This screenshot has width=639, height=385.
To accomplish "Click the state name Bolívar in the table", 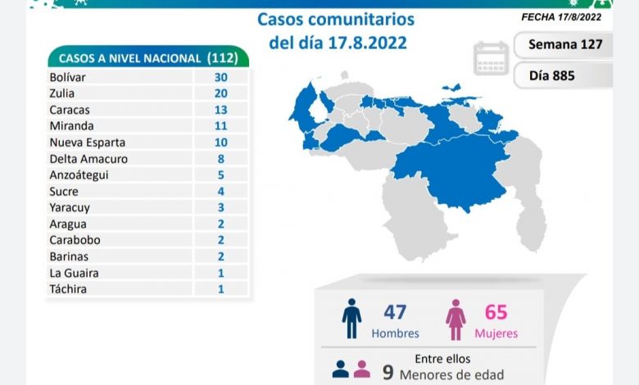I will [68, 77].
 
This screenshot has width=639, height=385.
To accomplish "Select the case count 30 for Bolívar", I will [220, 77].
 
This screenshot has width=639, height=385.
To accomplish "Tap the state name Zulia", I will [62, 93].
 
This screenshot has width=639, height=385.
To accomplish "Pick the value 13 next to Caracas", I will [220, 110].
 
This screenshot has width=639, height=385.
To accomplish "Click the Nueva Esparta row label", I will [83, 143].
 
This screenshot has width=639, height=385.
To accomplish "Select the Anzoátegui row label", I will [79, 175].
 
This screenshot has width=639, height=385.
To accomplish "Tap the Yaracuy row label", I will [68, 208].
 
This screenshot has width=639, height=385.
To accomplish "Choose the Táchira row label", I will [67, 289].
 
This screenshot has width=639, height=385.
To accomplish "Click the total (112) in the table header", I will [223, 58].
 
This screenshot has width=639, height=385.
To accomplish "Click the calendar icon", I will [490, 58].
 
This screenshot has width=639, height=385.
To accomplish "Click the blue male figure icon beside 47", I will [352, 319].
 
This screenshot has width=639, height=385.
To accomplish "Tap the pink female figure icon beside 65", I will [455, 319].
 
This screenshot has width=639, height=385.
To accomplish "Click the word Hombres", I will [395, 333].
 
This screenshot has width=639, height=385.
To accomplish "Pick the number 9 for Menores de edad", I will [387, 372].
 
